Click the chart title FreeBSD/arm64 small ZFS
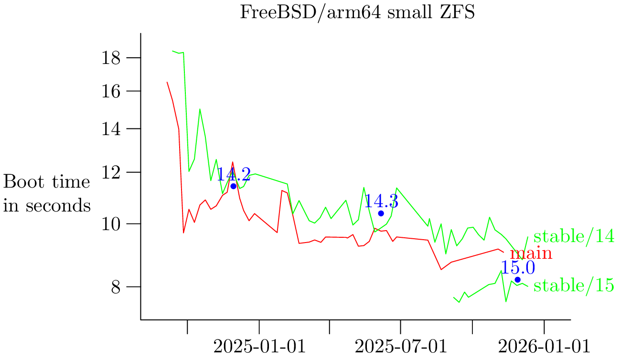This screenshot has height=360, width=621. click(x=357, y=12)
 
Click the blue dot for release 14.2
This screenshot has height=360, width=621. click(x=234, y=186)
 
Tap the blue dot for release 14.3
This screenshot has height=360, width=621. click(x=381, y=213)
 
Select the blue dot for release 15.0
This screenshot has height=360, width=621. click(x=517, y=280)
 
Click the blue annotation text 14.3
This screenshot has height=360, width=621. click(x=381, y=201)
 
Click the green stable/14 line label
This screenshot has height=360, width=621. click(x=573, y=237)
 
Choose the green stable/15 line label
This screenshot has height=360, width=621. click(x=573, y=286)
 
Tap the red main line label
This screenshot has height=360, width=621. click(x=531, y=254)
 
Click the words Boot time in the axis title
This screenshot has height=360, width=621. click(x=47, y=182)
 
